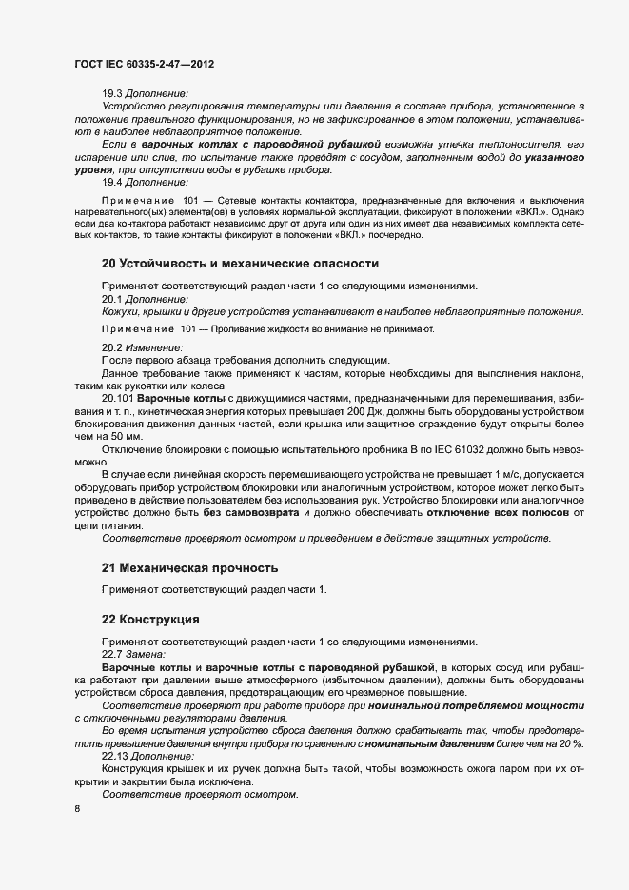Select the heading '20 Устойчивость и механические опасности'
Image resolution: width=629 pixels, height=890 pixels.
(x=240, y=262)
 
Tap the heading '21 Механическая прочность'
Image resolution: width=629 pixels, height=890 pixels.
(x=189, y=568)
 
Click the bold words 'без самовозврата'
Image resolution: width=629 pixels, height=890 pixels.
(x=248, y=512)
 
